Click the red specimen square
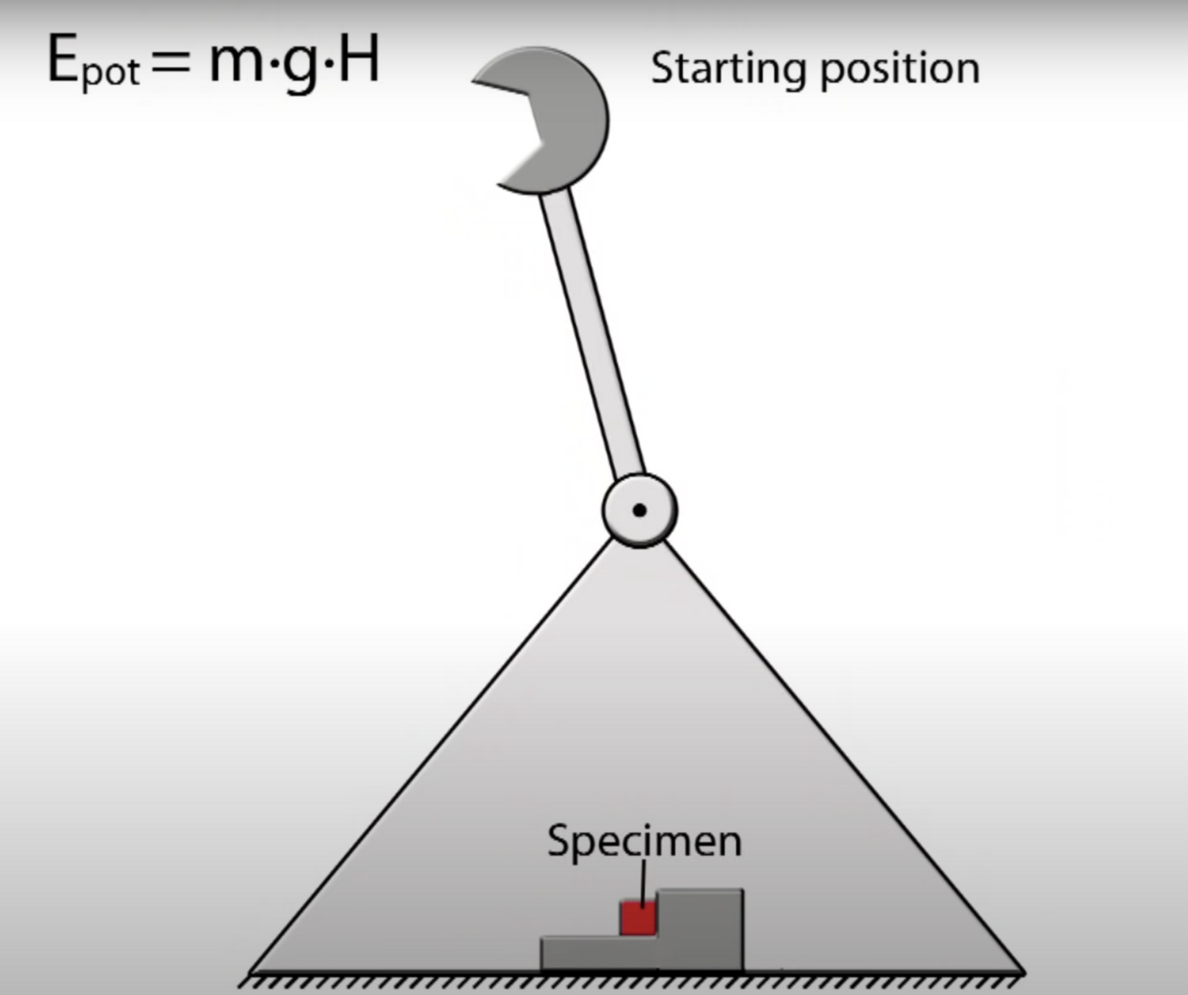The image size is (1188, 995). pyautogui.click(x=638, y=918)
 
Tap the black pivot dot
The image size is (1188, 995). pyautogui.click(x=639, y=510)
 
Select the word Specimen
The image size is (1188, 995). pyautogui.click(x=644, y=841)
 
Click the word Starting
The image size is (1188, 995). pyautogui.click(x=728, y=69)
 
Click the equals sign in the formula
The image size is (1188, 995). pyautogui.click(x=171, y=62)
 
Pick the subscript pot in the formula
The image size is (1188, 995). pyautogui.click(x=110, y=73)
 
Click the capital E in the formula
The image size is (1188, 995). pyautogui.click(x=62, y=61)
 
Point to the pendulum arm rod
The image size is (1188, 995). pyautogui.click(x=591, y=334)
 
